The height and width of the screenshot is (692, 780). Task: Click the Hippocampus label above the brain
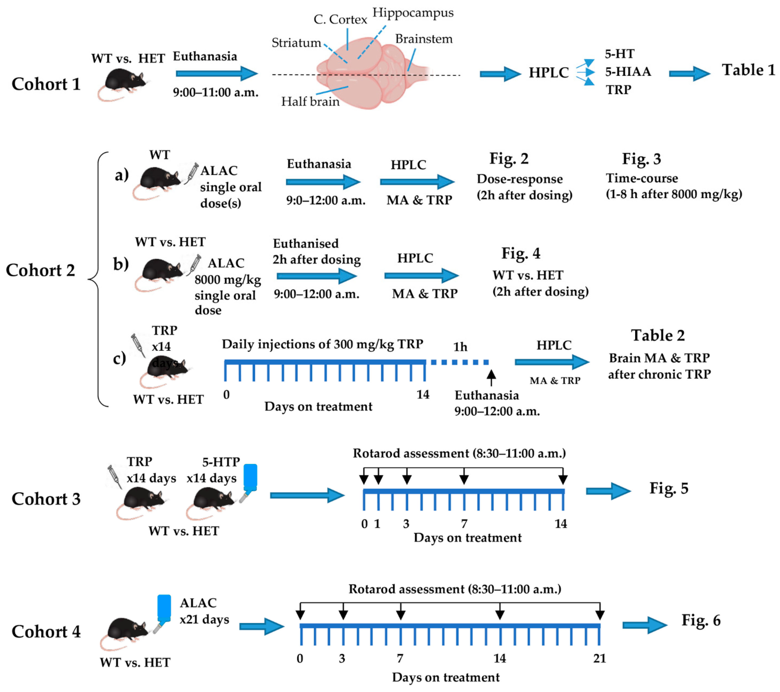click(x=413, y=13)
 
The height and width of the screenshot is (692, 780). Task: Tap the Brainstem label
click(x=424, y=39)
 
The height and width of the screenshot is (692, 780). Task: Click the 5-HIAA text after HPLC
click(x=628, y=71)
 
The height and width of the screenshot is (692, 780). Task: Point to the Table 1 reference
click(x=748, y=70)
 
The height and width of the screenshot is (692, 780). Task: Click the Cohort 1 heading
click(x=46, y=84)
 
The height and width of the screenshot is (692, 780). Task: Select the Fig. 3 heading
click(x=641, y=159)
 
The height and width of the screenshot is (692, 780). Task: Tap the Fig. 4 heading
click(x=521, y=253)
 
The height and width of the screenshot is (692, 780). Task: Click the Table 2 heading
click(x=658, y=335)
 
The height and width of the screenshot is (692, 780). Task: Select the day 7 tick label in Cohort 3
click(x=464, y=523)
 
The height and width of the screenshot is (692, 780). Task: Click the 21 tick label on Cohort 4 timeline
click(x=599, y=659)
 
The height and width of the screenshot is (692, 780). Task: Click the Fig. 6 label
click(x=701, y=621)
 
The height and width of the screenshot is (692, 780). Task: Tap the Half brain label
click(x=310, y=102)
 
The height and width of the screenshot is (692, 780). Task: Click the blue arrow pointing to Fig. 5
click(x=608, y=491)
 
